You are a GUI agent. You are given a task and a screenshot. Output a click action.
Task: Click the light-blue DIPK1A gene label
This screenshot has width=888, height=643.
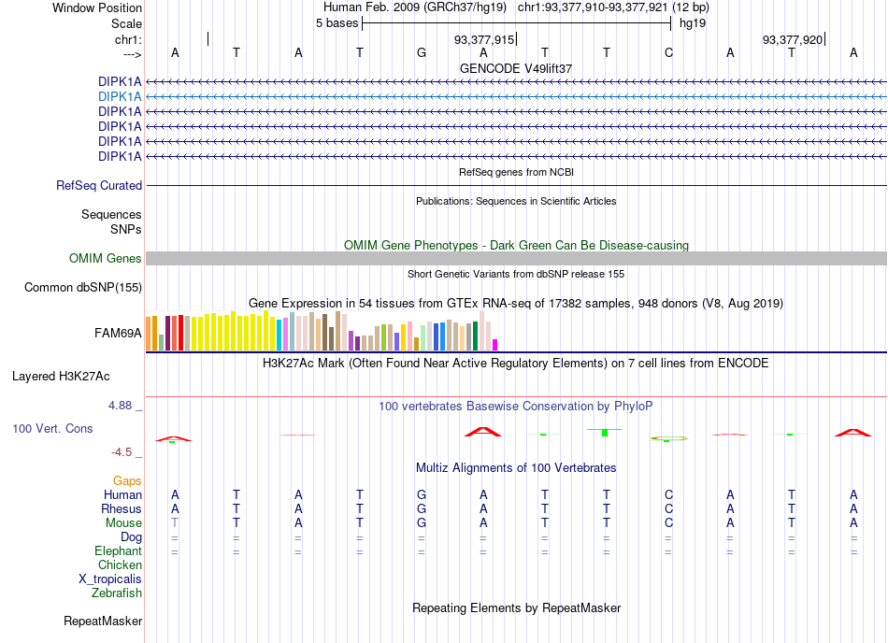click(x=120, y=97)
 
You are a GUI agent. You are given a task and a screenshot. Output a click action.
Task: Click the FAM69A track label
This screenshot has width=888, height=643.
click(x=118, y=333)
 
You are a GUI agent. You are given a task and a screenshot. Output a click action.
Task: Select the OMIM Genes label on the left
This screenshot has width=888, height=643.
click(x=105, y=258)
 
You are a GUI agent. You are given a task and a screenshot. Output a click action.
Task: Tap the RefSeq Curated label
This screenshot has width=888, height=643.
click(x=99, y=185)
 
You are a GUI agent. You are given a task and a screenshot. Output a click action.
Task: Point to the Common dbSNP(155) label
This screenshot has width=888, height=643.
click(x=82, y=287)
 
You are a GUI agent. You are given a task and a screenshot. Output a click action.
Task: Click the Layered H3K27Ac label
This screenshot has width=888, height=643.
click(x=61, y=376)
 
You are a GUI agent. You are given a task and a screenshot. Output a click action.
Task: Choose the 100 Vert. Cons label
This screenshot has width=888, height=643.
click(x=52, y=428)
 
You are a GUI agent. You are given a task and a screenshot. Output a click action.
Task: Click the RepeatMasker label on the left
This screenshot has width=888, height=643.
click(x=103, y=621)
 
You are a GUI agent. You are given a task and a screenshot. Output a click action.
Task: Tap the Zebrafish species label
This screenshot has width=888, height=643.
click(x=117, y=593)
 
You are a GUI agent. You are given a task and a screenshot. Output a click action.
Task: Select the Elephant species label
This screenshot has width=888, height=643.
click(x=118, y=550)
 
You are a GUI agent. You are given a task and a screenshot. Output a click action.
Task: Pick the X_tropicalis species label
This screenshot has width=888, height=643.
click(x=110, y=579)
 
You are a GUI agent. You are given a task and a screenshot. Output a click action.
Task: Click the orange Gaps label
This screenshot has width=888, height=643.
click(x=127, y=480)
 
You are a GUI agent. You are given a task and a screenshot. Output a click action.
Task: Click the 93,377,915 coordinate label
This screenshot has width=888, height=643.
click(x=484, y=39)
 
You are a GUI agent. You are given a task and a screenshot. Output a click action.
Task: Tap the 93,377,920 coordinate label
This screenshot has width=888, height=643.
click(x=793, y=39)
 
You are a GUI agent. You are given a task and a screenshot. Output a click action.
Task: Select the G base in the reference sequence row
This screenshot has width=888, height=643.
click(x=422, y=52)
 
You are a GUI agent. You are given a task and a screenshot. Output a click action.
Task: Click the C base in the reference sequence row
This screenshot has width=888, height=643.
click(x=669, y=52)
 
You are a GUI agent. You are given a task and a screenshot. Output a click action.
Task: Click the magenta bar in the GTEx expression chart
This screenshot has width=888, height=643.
click(x=495, y=345)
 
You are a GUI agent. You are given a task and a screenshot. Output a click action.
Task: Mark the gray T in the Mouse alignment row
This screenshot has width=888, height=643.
click(x=175, y=522)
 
